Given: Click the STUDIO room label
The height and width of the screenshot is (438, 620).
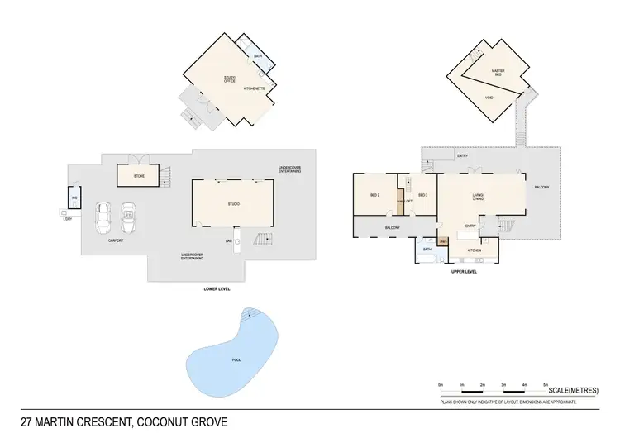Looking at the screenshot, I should point(233,203).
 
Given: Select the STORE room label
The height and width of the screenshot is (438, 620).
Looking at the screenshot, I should point(140,176).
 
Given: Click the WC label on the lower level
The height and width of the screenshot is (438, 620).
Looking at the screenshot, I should point(74,198).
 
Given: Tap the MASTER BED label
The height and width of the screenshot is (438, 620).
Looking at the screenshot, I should point(498,73).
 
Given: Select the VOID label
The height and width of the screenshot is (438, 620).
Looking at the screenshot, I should point(489,97).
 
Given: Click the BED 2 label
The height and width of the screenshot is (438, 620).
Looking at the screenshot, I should point(374,195).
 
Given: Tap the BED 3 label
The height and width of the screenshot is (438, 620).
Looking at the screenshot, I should point(422,195).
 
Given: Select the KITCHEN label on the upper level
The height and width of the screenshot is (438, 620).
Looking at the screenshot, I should point(475,250).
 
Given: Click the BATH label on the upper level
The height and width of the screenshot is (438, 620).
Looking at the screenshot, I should point(427,249).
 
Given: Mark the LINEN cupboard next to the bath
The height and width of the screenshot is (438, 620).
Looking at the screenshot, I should point(444,240).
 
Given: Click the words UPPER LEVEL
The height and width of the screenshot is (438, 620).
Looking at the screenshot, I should point(464,271).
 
